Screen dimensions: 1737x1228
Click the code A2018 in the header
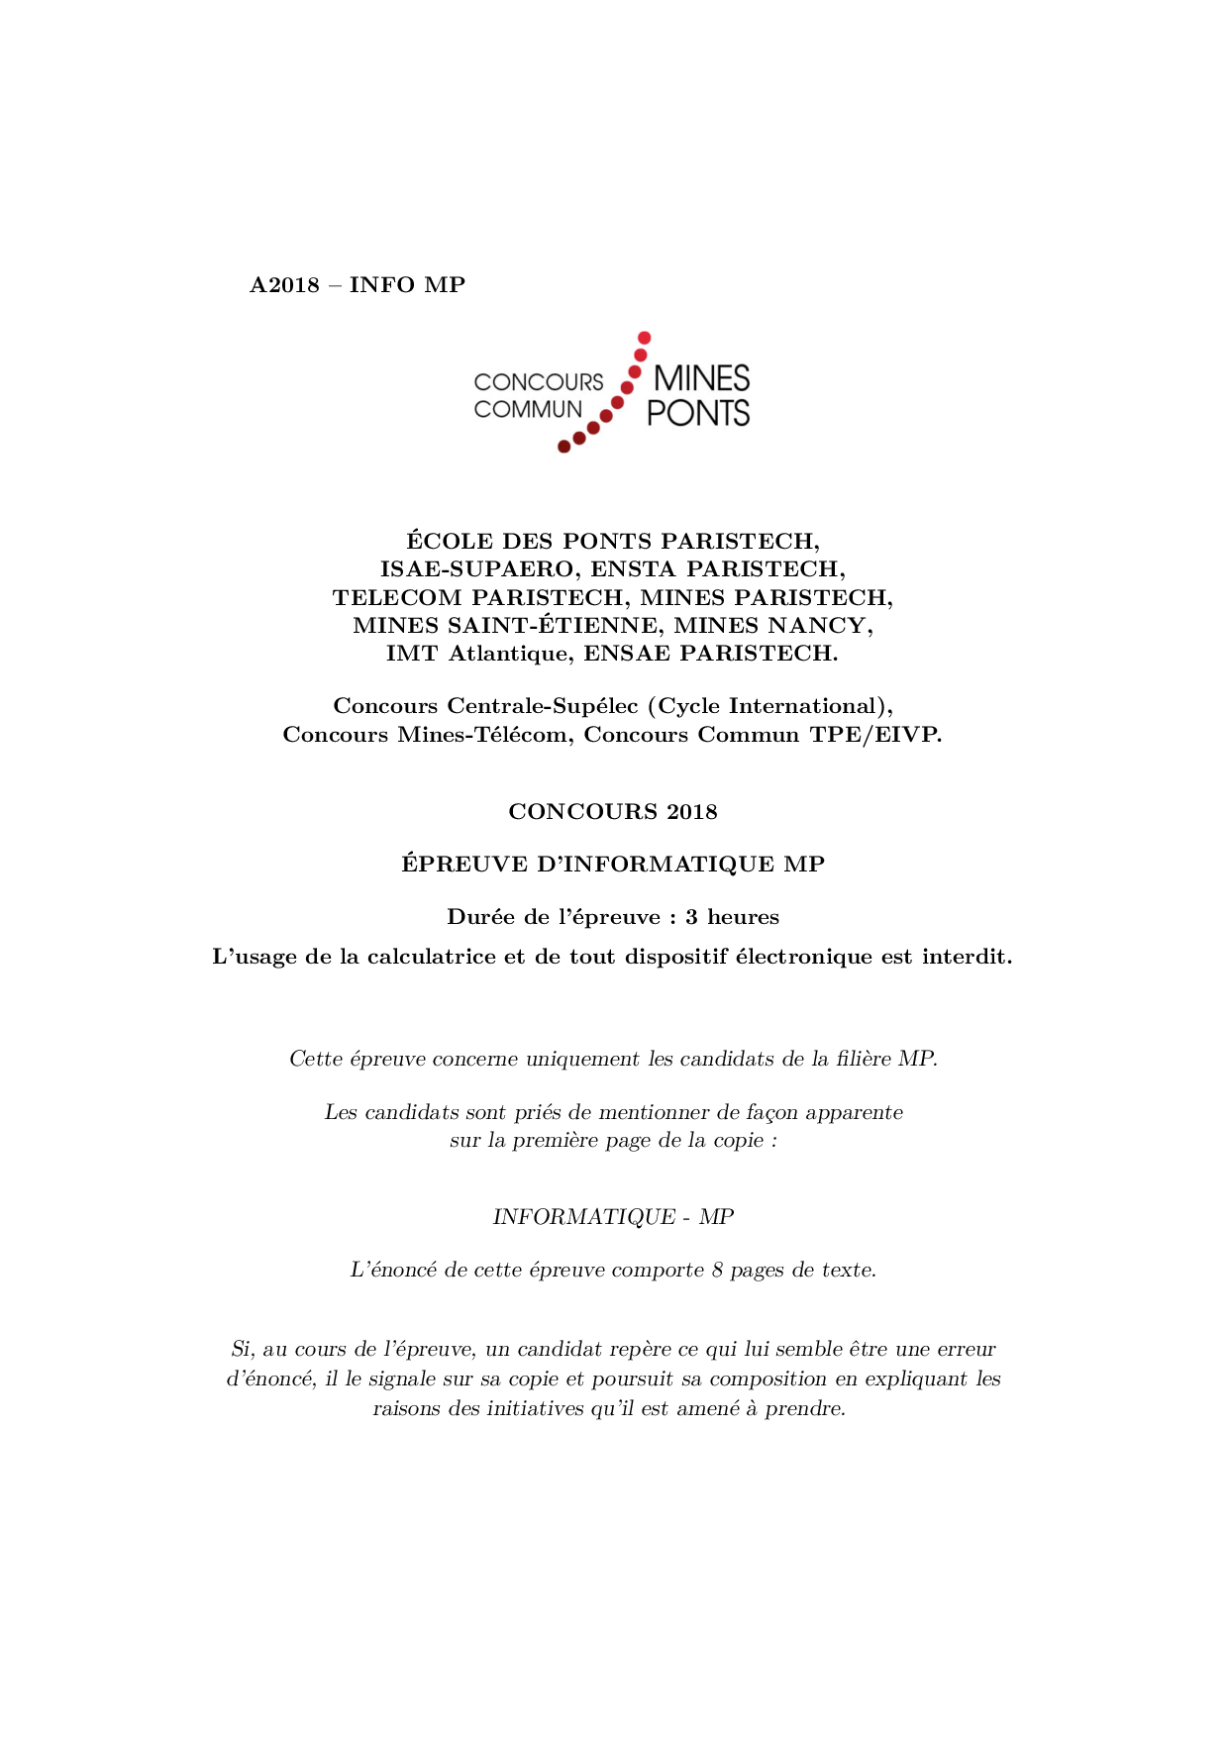[284, 285]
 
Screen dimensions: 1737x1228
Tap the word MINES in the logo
[701, 378]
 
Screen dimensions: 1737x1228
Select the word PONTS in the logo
[698, 413]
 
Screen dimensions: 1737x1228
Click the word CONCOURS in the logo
[538, 382]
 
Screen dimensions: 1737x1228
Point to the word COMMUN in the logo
[528, 409]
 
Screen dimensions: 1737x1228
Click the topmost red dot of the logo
[644, 338]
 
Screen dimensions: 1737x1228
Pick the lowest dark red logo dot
[563, 447]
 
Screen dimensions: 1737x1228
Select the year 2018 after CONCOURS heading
[691, 812]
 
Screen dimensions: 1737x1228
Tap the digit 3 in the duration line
[691, 917]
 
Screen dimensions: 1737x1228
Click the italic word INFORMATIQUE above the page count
[584, 1217]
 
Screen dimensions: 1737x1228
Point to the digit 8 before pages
[717, 1271]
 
